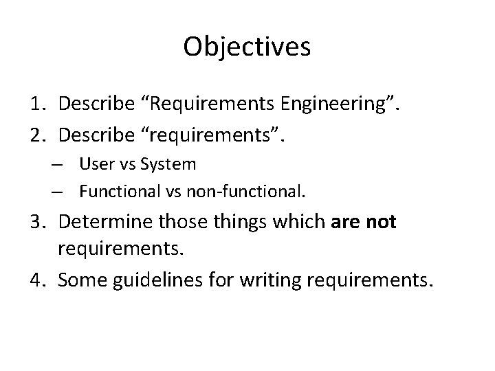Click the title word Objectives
[x=247, y=47]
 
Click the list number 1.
[x=38, y=105]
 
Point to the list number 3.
[x=38, y=223]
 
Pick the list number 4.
[x=38, y=280]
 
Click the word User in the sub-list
[x=92, y=164]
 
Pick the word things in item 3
[x=245, y=223]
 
